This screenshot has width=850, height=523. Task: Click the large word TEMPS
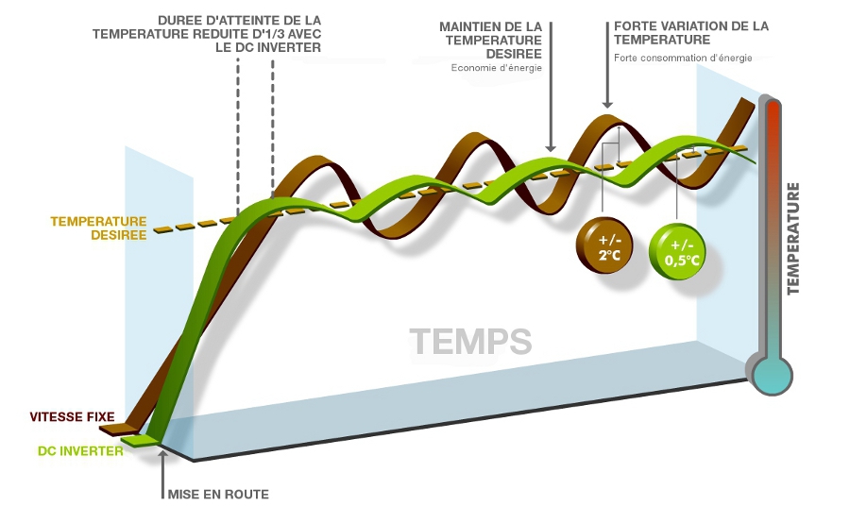click(470, 341)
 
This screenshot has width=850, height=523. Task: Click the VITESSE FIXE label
click(72, 416)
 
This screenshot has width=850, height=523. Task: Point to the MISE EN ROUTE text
click(217, 494)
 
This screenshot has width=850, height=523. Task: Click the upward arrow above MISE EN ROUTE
click(162, 460)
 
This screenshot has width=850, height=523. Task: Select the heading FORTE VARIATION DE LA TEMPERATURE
click(690, 33)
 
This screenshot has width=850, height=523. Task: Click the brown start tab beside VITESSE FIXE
click(115, 429)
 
